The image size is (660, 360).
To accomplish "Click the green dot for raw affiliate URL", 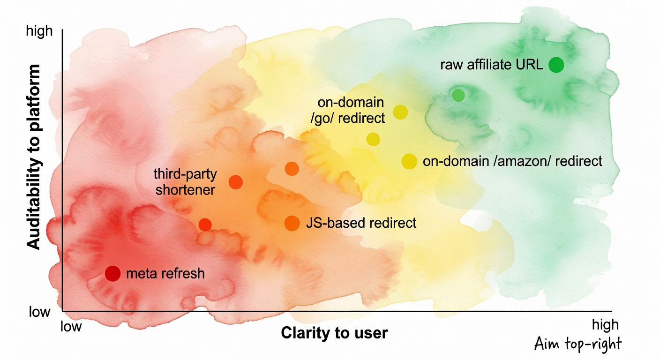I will pyautogui.click(x=556, y=65).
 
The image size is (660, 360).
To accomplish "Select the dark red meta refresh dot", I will pyautogui.click(x=112, y=273).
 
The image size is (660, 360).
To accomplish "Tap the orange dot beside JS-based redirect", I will pyautogui.click(x=292, y=223).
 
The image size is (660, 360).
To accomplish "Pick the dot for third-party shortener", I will pyautogui.click(x=235, y=182).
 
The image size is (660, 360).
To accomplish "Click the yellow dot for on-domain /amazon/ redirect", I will pyautogui.click(x=409, y=161).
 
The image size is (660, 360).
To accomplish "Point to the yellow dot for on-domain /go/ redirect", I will pyautogui.click(x=400, y=112).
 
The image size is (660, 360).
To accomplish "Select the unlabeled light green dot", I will pyautogui.click(x=458, y=95).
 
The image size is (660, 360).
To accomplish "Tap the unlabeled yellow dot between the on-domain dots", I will pyautogui.click(x=373, y=139).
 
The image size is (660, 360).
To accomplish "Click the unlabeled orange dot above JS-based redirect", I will pyautogui.click(x=292, y=169).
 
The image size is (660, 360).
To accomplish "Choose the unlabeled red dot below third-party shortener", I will pyautogui.click(x=205, y=225).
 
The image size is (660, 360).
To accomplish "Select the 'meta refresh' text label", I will pyautogui.click(x=165, y=273).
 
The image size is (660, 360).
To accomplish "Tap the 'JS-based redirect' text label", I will pyautogui.click(x=361, y=223).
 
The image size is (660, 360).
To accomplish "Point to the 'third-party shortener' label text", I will pyautogui.click(x=185, y=182).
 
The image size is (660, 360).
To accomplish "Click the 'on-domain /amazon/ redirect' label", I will pyautogui.click(x=512, y=161).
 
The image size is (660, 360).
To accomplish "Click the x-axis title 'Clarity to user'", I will pyautogui.click(x=334, y=333).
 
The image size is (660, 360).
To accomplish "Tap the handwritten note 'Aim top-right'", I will pyautogui.click(x=577, y=345).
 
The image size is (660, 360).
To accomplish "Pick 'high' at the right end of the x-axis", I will pyautogui.click(x=605, y=325).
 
